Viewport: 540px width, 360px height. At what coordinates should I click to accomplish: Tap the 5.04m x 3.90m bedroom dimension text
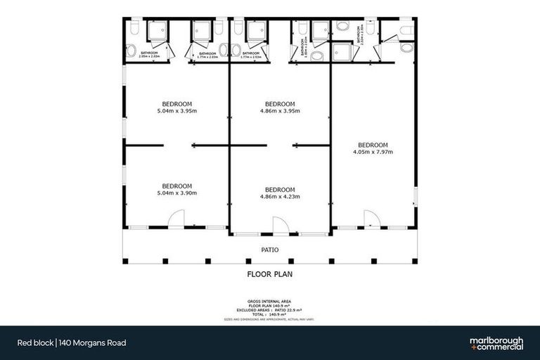(x=176, y=193)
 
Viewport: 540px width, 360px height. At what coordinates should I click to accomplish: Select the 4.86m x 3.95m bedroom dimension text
(x=280, y=110)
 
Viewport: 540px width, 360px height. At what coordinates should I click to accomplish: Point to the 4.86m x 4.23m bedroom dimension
(x=280, y=196)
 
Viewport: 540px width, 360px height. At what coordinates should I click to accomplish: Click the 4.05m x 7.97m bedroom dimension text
(x=373, y=152)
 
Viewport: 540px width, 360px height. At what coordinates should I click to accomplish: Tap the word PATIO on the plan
(x=270, y=250)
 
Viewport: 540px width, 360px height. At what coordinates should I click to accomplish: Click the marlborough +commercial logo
(x=496, y=343)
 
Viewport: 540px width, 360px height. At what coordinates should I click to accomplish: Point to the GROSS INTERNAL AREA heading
(x=270, y=299)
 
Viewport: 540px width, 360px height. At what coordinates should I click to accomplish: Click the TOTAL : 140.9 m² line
(x=270, y=314)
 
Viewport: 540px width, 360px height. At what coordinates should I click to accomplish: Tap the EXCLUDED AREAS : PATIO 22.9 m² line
(x=270, y=309)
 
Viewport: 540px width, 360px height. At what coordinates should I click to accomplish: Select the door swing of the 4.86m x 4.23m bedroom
(x=280, y=225)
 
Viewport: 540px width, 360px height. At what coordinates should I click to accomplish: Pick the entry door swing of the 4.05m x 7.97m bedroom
(x=369, y=219)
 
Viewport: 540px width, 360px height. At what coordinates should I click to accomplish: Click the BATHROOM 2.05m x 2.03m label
(x=149, y=55)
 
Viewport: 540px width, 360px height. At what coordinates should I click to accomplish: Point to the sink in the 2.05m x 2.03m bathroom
(x=131, y=50)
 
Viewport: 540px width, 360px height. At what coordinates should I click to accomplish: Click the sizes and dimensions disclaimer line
(x=270, y=319)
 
